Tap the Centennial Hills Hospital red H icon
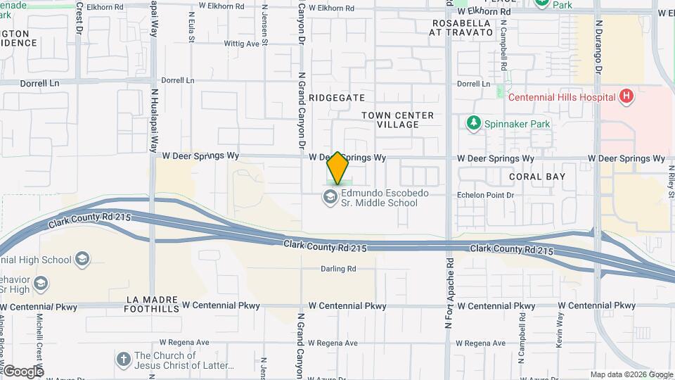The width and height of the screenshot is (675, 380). (x=625, y=98)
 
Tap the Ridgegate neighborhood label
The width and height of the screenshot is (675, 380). (x=337, y=98)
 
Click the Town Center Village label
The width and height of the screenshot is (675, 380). (x=398, y=120)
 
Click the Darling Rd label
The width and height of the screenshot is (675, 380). (x=338, y=269)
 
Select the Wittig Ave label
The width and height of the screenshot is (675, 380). (x=241, y=44)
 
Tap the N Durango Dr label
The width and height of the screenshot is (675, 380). (x=599, y=47)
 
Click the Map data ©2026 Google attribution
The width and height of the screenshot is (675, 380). (x=631, y=374)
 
